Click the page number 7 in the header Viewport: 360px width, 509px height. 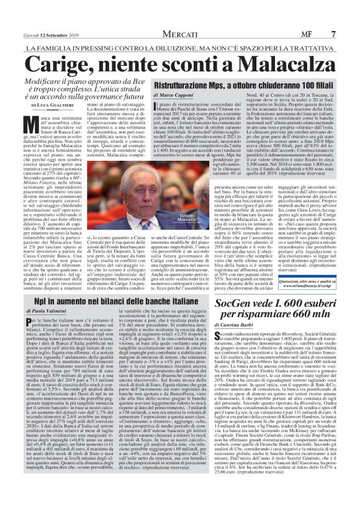click(351, 9)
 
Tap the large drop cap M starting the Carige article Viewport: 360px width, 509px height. click(18, 123)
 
